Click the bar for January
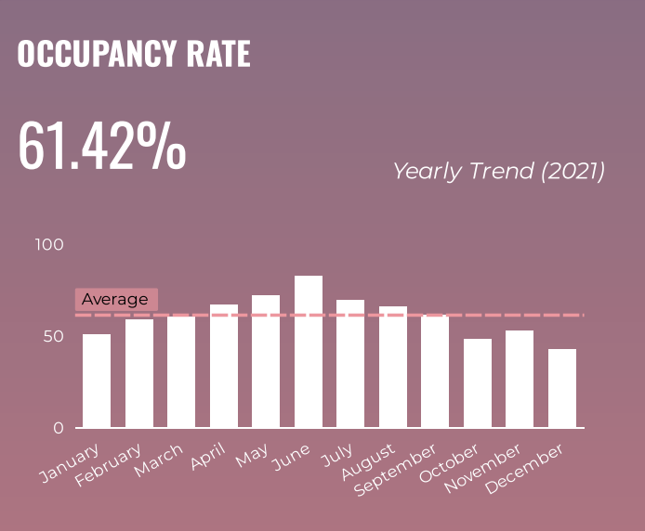pyautogui.click(x=97, y=381)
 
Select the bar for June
pyautogui.click(x=309, y=352)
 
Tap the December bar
pyautogui.click(x=562, y=388)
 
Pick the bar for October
pyautogui.click(x=478, y=383)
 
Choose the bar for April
pyautogui.click(x=224, y=366)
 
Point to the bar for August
pyautogui.click(x=393, y=367)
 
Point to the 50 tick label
pyautogui.click(x=54, y=336)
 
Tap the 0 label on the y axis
pyautogui.click(x=59, y=428)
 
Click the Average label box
pyautogui.click(x=115, y=299)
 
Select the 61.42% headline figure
pyautogui.click(x=102, y=147)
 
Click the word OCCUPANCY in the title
pyautogui.click(x=87, y=54)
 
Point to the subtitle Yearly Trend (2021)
pyautogui.click(x=498, y=171)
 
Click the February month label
pyautogui.click(x=110, y=463)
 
